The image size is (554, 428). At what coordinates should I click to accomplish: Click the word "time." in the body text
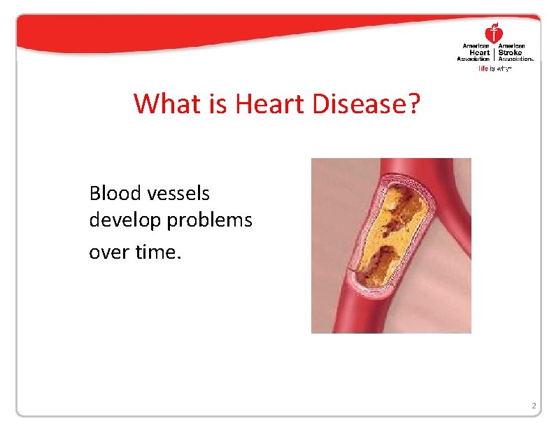158,250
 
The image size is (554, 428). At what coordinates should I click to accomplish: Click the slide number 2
533,406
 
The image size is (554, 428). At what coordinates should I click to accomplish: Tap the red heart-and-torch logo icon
495,32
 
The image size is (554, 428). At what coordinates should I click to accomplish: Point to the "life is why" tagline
495,69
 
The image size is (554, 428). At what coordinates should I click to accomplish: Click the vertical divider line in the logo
495,52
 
